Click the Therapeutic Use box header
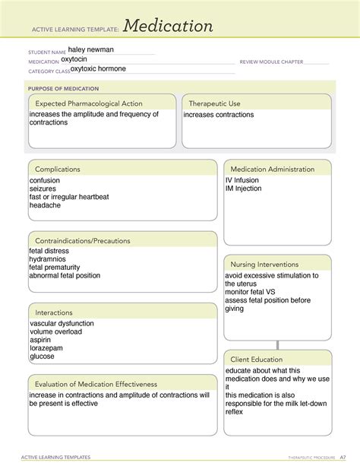(x=214, y=103)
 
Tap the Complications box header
(x=58, y=169)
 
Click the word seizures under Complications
(x=43, y=189)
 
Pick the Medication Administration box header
(x=272, y=169)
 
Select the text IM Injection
(x=243, y=189)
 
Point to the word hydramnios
(x=48, y=258)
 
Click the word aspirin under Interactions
(x=41, y=340)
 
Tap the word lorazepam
(x=46, y=348)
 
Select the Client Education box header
(x=257, y=359)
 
